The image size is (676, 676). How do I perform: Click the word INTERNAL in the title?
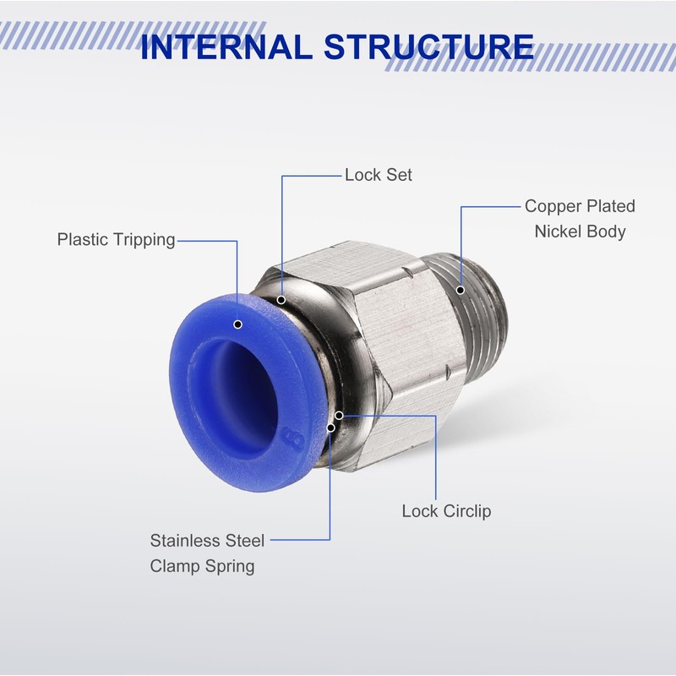click(x=225, y=47)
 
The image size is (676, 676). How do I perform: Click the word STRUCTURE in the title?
click(x=428, y=47)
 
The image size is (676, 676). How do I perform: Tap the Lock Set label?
click(x=379, y=175)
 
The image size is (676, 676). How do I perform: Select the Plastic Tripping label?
click(x=116, y=239)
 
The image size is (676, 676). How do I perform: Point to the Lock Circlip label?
click(x=446, y=510)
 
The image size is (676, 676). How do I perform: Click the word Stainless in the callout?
click(x=188, y=541)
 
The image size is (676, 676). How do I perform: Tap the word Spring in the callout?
click(x=230, y=565)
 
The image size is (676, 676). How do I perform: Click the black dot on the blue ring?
click(x=237, y=324)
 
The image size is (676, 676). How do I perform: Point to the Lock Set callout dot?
click(x=281, y=297)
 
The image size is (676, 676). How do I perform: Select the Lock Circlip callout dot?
click(x=339, y=415)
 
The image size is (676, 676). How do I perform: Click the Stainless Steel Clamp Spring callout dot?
click(x=331, y=425)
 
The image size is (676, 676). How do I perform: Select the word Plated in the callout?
click(x=612, y=206)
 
